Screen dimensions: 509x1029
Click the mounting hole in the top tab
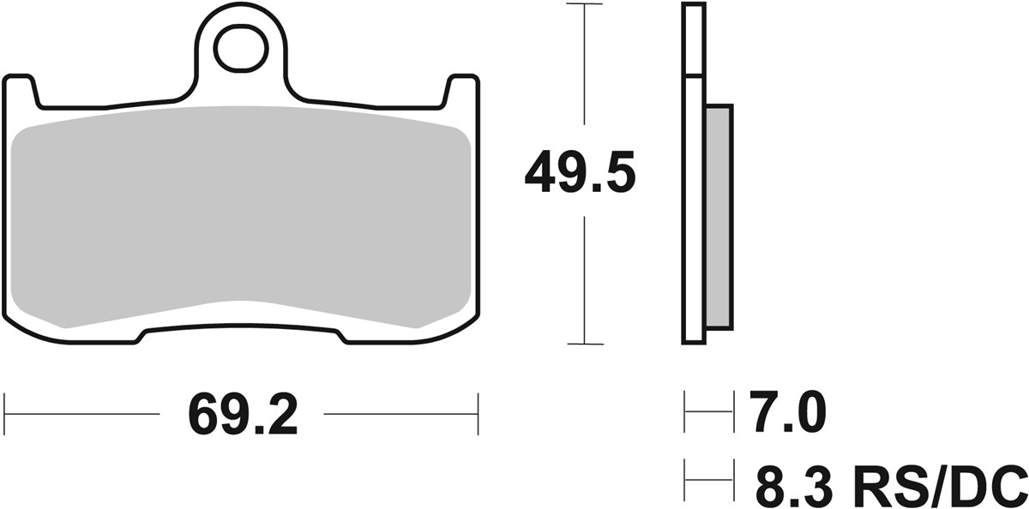tap(241, 50)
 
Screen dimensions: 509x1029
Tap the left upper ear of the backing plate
tap(21, 90)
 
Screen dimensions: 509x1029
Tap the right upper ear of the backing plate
tap(461, 90)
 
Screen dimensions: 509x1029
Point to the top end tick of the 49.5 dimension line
tap(584, 4)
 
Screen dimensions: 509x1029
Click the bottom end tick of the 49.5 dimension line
tap(584, 344)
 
